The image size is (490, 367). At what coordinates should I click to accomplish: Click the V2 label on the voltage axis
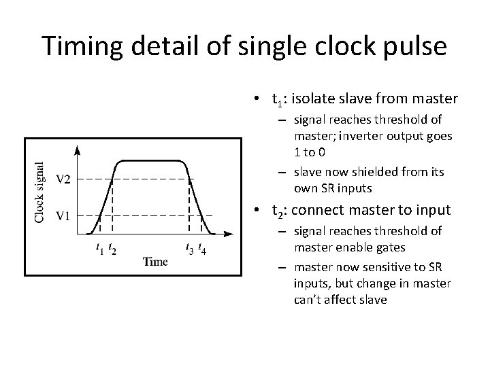pos(63,179)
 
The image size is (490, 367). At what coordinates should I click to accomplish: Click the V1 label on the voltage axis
pos(63,216)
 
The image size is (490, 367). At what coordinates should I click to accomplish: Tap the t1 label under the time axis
pos(99,249)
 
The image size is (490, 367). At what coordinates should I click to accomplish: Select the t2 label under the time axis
pos(112,249)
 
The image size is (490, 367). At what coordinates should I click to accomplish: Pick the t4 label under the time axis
pos(203,249)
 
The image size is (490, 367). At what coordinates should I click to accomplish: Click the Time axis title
pos(154,262)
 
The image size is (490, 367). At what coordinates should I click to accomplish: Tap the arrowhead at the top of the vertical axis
pos(77,150)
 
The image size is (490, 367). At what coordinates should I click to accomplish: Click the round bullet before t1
pos(252,100)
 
